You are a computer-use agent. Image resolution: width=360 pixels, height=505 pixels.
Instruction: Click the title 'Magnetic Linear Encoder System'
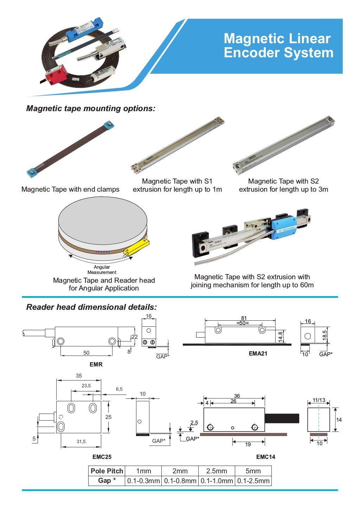tap(278, 46)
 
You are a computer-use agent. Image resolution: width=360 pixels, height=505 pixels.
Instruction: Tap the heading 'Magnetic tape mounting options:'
tap(91, 108)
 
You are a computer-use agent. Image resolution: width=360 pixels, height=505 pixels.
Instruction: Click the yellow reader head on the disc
tap(136, 247)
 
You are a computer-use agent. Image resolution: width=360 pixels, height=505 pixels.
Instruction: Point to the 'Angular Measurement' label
tap(102, 270)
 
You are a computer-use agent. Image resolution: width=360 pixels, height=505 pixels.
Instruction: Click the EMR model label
tap(96, 364)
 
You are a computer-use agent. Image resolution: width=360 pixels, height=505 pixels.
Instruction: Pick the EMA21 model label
tap(258, 353)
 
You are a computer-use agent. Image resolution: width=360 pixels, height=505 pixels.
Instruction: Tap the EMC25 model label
tap(102, 457)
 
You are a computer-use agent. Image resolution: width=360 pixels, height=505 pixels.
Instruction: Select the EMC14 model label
tap(265, 457)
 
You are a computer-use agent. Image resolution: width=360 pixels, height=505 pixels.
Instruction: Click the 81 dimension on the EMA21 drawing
tap(244, 318)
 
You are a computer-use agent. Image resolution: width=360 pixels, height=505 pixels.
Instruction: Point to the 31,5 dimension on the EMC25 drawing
tap(81, 441)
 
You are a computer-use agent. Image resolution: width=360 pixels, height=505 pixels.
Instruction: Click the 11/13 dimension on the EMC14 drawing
tap(319, 400)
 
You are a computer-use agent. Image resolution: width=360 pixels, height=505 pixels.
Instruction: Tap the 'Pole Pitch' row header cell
tap(107, 471)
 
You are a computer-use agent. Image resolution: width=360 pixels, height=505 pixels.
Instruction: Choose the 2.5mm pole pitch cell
tap(217, 471)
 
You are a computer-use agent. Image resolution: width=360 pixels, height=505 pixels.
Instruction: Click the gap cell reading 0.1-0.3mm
tap(143, 481)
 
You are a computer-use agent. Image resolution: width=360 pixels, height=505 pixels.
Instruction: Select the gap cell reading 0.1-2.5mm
tap(253, 481)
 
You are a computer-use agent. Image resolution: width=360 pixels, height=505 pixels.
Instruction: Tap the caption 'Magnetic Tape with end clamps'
tap(70, 189)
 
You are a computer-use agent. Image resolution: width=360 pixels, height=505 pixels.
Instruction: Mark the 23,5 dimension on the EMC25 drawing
tap(86, 386)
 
